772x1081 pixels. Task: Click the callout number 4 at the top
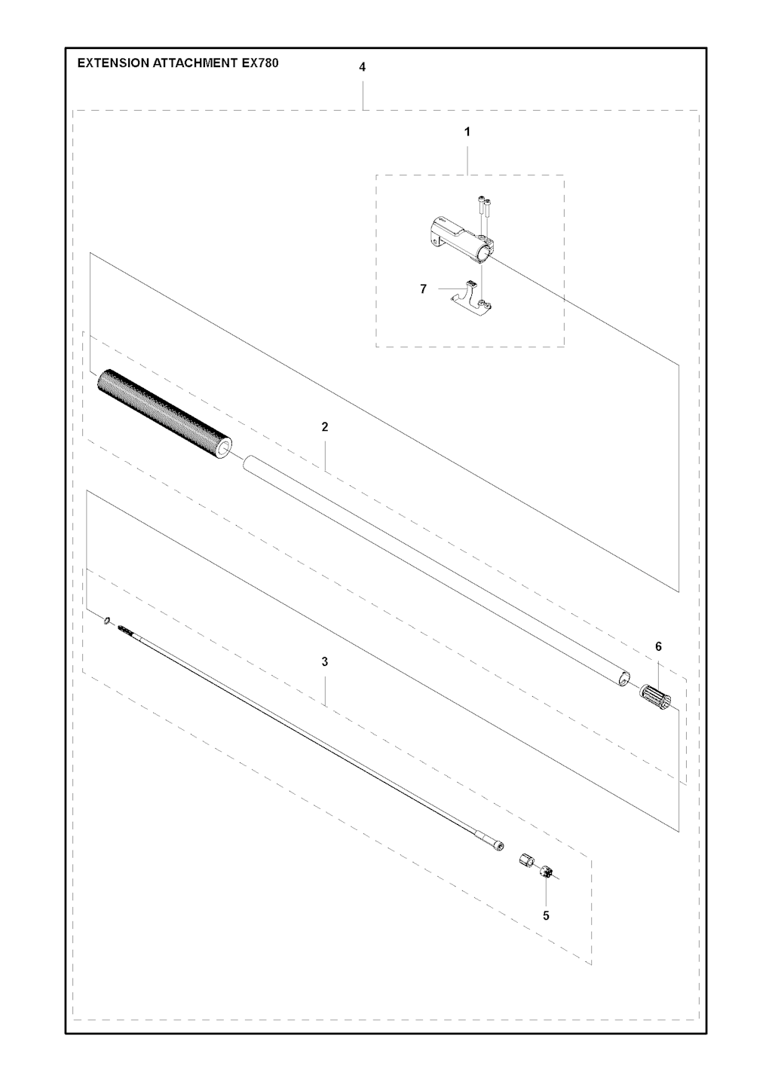point(363,68)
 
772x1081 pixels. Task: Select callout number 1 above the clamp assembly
point(467,132)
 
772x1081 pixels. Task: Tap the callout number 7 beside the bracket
point(423,289)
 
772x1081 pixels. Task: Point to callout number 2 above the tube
point(325,426)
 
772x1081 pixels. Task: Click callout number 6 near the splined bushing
point(658,646)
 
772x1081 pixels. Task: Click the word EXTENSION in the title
point(113,63)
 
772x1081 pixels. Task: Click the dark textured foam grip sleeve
point(164,414)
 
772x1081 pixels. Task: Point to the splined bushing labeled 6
point(657,698)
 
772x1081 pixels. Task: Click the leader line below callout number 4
point(363,95)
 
